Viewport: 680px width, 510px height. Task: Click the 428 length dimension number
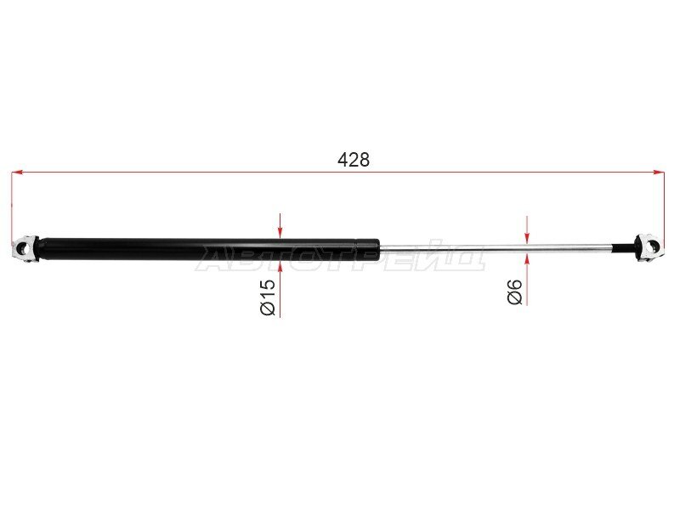(x=354, y=160)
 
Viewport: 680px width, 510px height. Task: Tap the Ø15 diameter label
(x=268, y=297)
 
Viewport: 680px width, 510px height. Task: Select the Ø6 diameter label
(x=515, y=292)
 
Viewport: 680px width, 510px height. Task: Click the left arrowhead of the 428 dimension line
(x=16, y=173)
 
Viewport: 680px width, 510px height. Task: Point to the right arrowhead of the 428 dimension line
(x=659, y=173)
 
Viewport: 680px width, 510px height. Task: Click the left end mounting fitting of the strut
(x=25, y=249)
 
